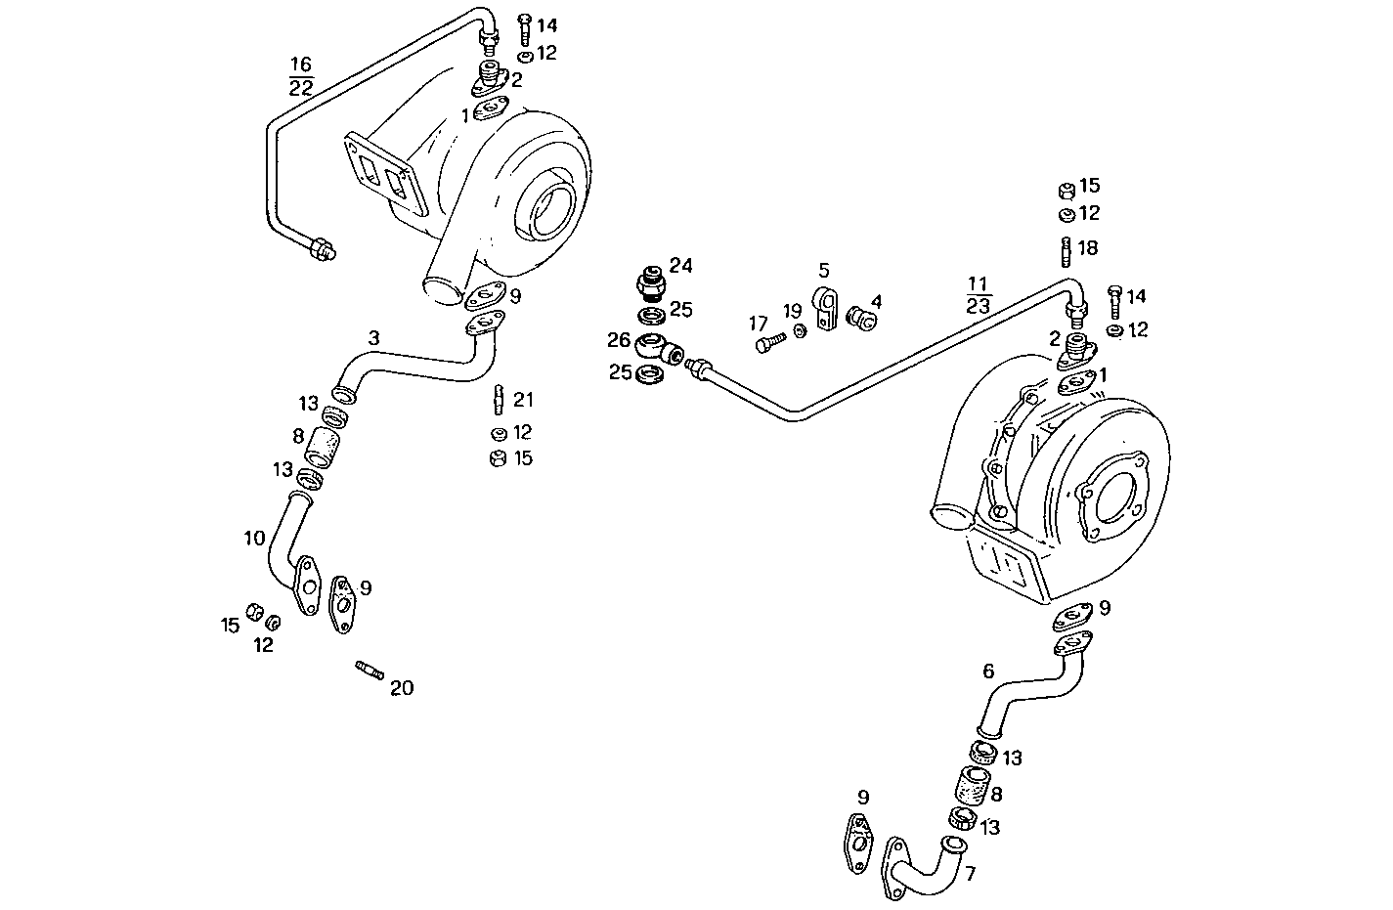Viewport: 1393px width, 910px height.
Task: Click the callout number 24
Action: click(x=680, y=266)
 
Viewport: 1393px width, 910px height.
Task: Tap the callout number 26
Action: click(x=618, y=340)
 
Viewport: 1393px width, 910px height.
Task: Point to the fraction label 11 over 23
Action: click(x=979, y=295)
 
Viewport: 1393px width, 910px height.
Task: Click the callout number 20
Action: click(x=401, y=688)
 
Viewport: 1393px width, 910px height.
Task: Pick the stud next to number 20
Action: click(x=369, y=670)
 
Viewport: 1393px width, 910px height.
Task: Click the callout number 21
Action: click(x=524, y=400)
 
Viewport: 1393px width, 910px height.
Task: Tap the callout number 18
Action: click(x=1088, y=248)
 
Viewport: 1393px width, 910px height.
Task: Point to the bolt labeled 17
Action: click(x=769, y=343)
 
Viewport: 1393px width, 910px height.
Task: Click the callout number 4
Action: click(x=877, y=301)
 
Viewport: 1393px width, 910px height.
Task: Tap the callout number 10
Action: click(x=254, y=538)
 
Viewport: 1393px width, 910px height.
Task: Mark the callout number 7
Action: click(x=970, y=874)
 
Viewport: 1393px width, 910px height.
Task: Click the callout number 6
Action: click(x=988, y=672)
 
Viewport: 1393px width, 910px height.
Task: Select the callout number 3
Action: click(x=373, y=337)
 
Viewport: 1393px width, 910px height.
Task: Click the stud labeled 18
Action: click(x=1065, y=252)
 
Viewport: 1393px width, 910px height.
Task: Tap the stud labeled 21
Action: click(x=498, y=400)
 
